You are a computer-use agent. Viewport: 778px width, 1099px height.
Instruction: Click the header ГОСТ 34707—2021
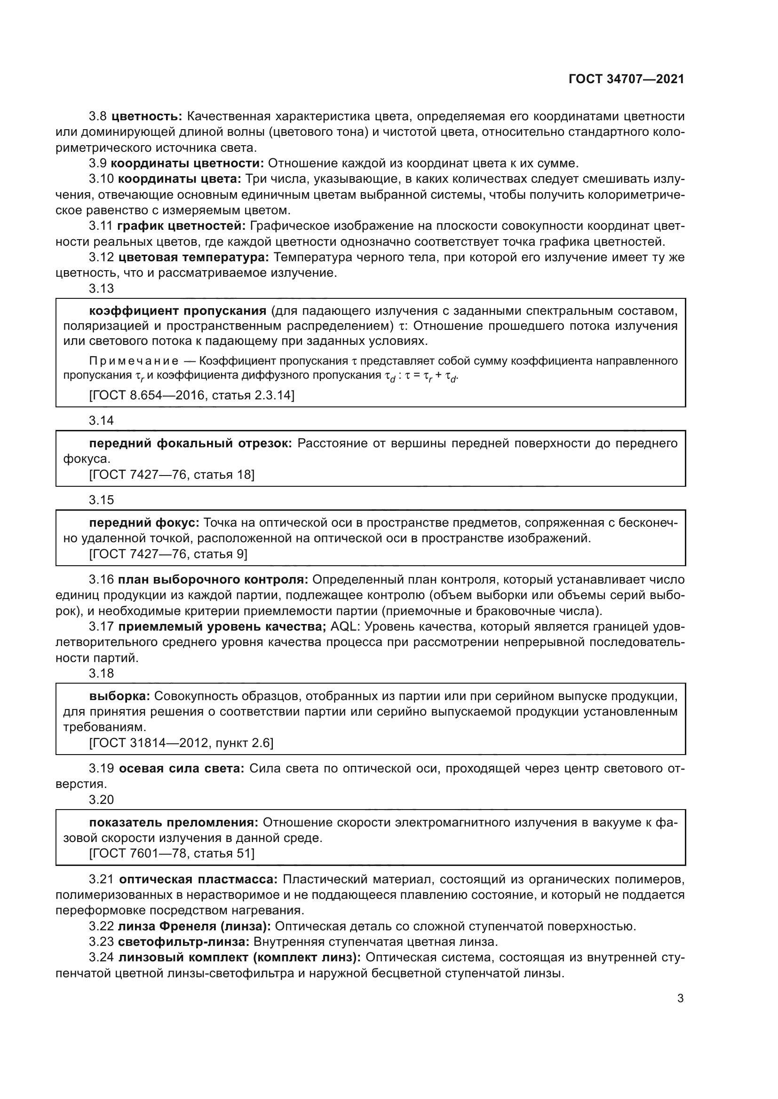[x=626, y=79]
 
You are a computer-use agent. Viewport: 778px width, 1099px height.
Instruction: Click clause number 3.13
[x=102, y=288]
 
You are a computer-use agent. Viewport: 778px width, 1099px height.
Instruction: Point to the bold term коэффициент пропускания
[x=178, y=311]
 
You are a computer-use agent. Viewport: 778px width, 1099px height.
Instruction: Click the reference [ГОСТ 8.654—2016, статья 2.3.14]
[x=191, y=395]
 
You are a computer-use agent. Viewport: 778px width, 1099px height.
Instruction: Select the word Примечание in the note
[x=134, y=360]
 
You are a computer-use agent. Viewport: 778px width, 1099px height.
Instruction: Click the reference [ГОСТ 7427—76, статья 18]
[x=172, y=475]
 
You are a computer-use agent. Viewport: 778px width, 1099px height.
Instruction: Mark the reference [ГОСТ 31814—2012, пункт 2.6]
[x=182, y=742]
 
